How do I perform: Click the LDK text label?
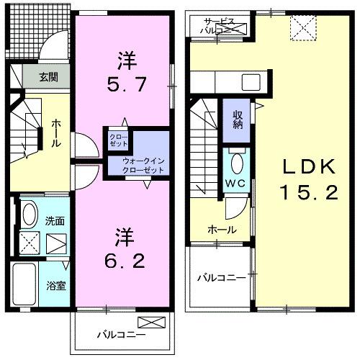[307, 168]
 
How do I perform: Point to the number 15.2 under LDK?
[307, 192]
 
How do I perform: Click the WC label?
[235, 183]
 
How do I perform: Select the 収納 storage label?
[238, 120]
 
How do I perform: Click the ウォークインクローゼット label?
[143, 164]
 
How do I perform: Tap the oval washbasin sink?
[30, 214]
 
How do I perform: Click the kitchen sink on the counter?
[251, 79]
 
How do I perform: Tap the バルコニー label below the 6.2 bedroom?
[122, 334]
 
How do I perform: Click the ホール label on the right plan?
[219, 229]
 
